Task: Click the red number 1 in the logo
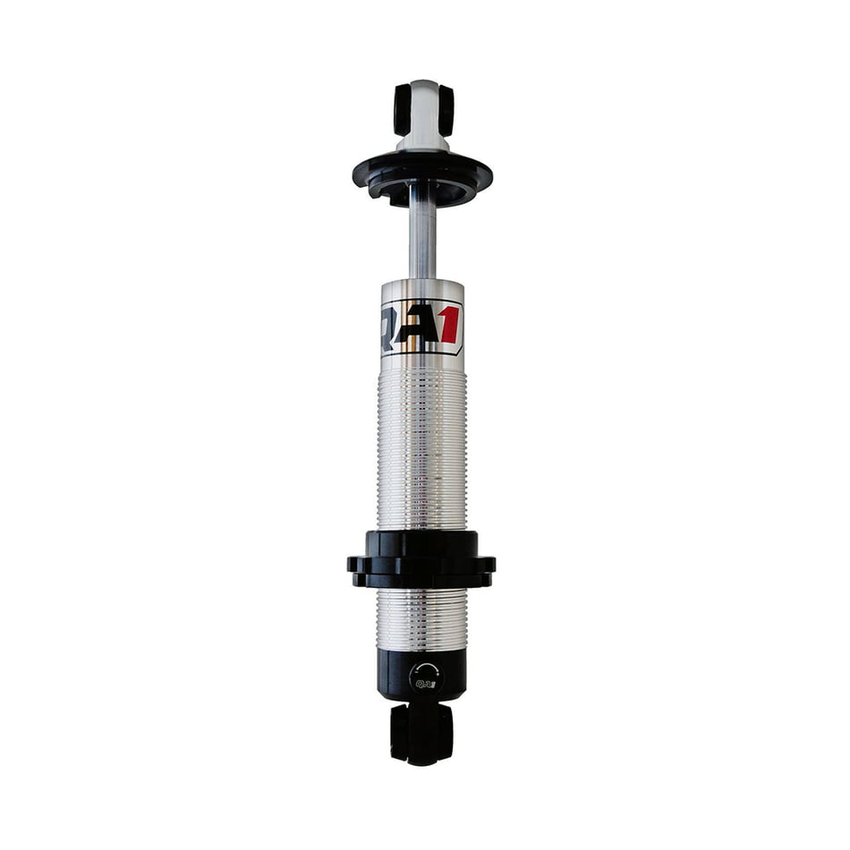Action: point(450,324)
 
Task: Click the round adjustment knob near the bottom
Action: point(426,677)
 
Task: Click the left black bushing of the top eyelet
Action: point(403,110)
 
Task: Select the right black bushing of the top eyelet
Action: point(446,109)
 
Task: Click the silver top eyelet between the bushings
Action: point(424,108)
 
